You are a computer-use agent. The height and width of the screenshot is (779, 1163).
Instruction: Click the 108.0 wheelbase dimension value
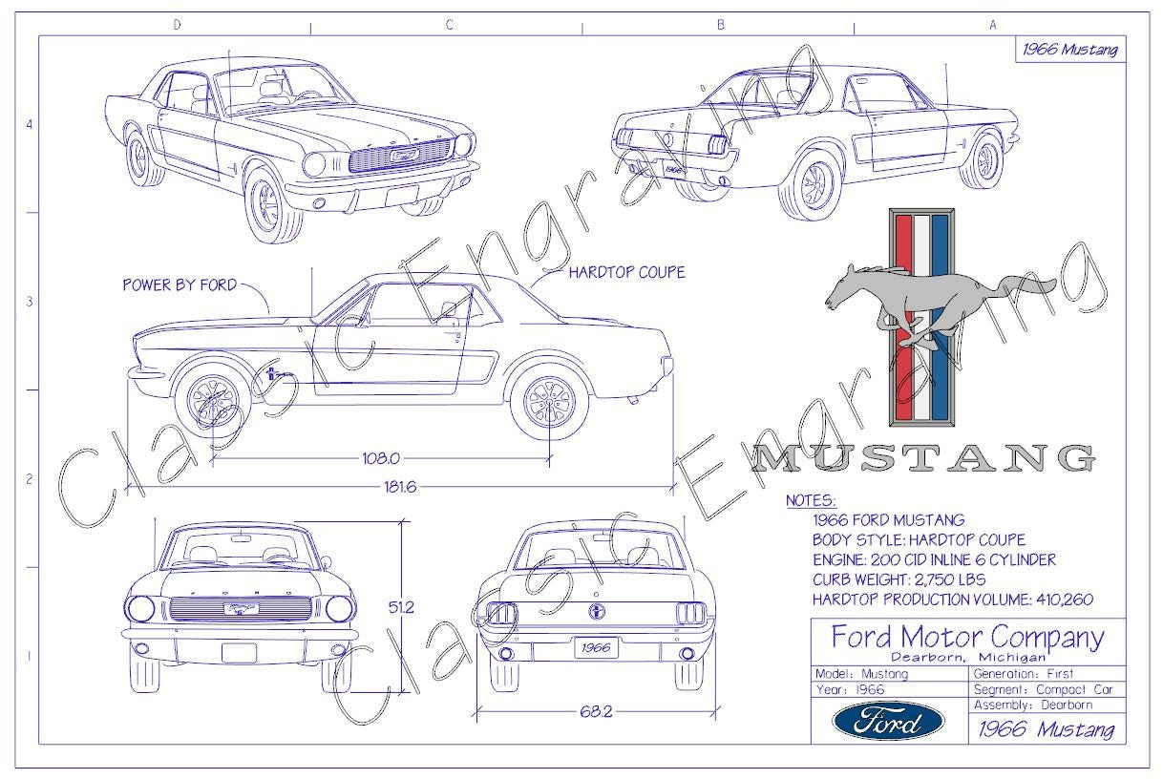point(381,457)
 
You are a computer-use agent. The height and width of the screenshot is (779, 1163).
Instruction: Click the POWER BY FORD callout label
point(180,284)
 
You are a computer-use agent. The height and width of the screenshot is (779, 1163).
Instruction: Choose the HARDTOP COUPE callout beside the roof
point(626,272)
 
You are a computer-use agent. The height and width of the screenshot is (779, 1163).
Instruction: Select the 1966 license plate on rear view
point(596,647)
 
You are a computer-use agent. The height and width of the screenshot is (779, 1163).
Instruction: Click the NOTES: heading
point(810,500)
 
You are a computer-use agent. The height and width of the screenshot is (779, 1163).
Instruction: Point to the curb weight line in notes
point(899,579)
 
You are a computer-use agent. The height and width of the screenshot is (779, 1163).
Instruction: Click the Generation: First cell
point(1023,673)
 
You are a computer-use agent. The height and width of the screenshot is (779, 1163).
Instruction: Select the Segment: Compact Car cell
point(1043,689)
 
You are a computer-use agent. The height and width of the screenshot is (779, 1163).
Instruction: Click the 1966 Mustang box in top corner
point(1069,50)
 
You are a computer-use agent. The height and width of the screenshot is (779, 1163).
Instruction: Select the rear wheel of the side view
point(549,398)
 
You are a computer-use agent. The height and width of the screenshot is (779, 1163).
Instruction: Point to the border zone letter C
point(448,26)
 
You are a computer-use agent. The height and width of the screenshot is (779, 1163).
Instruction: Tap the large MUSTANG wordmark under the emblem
point(923,459)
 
